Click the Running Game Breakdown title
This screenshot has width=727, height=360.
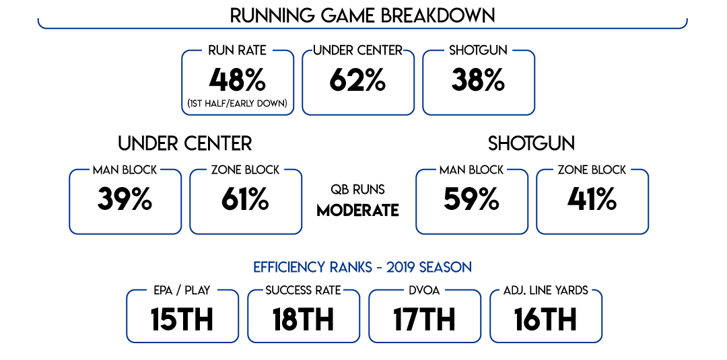click(363, 15)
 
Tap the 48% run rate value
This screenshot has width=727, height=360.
click(237, 81)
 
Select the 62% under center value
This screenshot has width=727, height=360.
click(357, 81)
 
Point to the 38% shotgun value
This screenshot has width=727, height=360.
click(478, 81)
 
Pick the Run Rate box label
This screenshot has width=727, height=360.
click(238, 50)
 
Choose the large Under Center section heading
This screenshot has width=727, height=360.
click(185, 143)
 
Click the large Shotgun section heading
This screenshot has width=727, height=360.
click(531, 143)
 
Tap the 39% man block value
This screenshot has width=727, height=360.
click(125, 200)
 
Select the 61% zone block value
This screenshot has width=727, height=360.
click(245, 200)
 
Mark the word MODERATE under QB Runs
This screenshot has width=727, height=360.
click(357, 210)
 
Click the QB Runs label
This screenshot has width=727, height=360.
click(357, 190)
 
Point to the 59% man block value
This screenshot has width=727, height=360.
click(471, 200)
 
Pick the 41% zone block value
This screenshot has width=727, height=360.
click(592, 200)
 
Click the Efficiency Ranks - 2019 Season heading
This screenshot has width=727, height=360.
click(363, 267)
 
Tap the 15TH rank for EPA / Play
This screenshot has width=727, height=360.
click(182, 320)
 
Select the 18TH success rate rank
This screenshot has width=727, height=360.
click(303, 320)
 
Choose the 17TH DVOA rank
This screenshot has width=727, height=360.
click(424, 320)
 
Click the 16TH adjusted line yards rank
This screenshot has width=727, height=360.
click(545, 320)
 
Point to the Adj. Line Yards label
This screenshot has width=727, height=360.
click(546, 291)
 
